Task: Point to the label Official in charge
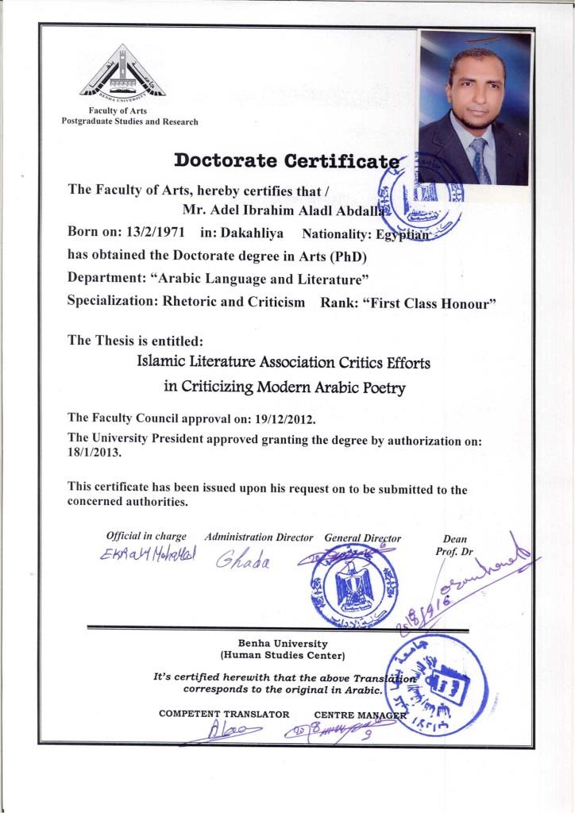point(146,538)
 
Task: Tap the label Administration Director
point(259,538)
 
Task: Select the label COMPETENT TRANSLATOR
point(224,714)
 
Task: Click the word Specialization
point(108,302)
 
